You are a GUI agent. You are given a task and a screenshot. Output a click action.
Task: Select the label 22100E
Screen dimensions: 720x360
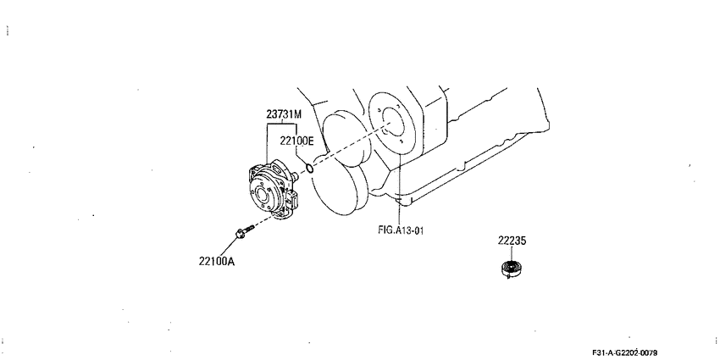click(x=296, y=141)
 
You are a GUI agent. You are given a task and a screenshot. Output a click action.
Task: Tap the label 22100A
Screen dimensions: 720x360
click(x=217, y=261)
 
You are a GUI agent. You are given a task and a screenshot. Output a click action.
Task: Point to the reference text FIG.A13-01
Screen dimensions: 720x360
click(x=401, y=230)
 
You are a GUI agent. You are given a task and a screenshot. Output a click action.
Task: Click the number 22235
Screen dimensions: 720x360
click(x=512, y=241)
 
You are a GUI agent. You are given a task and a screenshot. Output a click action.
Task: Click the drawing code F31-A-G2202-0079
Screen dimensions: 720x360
click(x=624, y=352)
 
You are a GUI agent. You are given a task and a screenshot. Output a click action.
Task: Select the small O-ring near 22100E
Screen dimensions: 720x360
click(x=310, y=169)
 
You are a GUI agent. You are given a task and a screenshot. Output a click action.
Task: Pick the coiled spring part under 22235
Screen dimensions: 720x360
click(x=512, y=269)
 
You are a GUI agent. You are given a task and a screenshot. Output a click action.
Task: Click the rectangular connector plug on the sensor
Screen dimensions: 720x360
click(x=292, y=200)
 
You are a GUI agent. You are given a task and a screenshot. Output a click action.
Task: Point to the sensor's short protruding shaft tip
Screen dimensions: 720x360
click(x=296, y=175)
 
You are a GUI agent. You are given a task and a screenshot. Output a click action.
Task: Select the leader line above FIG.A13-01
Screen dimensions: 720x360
click(x=400, y=189)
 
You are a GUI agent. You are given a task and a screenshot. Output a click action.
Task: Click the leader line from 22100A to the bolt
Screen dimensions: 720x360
click(x=228, y=247)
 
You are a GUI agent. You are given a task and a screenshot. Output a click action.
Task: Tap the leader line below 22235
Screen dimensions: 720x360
click(x=512, y=253)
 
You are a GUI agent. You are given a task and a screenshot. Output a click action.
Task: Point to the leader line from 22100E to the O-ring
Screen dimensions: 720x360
click(x=302, y=156)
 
